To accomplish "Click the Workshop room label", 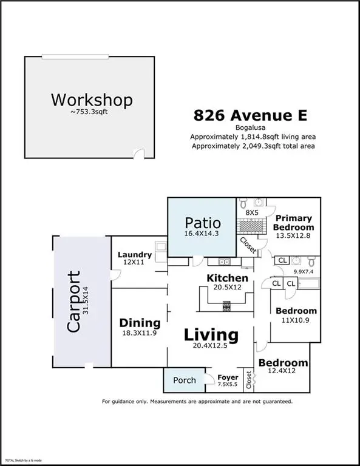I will pyautogui.click(x=92, y=100).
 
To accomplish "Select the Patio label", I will pyautogui.click(x=203, y=222).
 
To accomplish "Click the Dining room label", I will pyautogui.click(x=140, y=323).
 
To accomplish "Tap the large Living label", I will pyautogui.click(x=211, y=334).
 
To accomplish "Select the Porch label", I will pyautogui.click(x=185, y=380).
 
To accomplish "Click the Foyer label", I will pyautogui.click(x=228, y=377).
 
